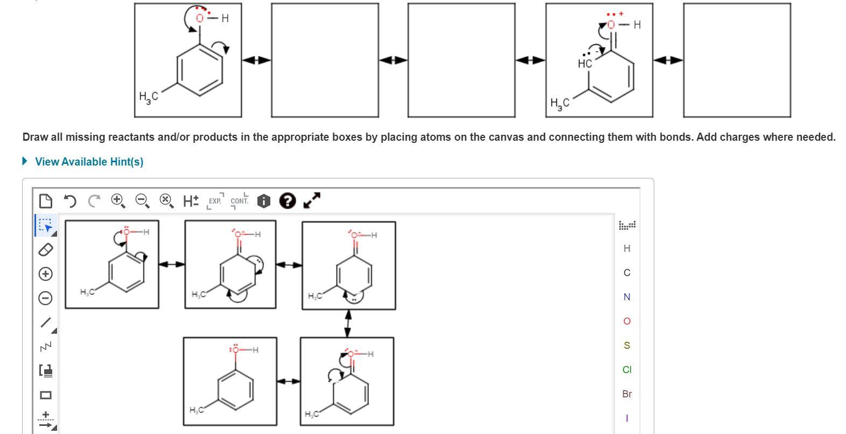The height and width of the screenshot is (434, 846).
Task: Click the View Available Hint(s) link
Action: coord(89,162)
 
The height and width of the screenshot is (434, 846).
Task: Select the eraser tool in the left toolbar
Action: coord(46,250)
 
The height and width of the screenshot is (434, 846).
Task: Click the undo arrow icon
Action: coord(69,202)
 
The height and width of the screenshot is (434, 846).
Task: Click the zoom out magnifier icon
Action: coord(142,201)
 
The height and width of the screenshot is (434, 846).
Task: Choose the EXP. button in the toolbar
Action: coord(215,201)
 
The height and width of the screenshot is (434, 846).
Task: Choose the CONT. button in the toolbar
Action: coord(240,201)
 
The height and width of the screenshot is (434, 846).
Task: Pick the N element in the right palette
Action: coord(626,297)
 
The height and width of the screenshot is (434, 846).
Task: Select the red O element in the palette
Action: coord(626,321)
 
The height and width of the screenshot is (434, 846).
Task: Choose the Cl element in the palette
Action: coord(626,370)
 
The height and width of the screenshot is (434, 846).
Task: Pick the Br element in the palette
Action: coord(626,394)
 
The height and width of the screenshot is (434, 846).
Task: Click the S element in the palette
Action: coord(626,346)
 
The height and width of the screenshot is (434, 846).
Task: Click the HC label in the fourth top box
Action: coord(584,64)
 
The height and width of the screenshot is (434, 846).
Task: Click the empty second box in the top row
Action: coord(325,60)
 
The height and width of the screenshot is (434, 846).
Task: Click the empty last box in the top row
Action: coord(737,60)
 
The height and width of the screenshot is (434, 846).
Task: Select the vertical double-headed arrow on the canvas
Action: coord(348,322)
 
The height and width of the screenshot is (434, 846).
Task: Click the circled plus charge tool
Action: coord(46,274)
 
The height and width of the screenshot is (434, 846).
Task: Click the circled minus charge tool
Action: coord(46,298)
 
